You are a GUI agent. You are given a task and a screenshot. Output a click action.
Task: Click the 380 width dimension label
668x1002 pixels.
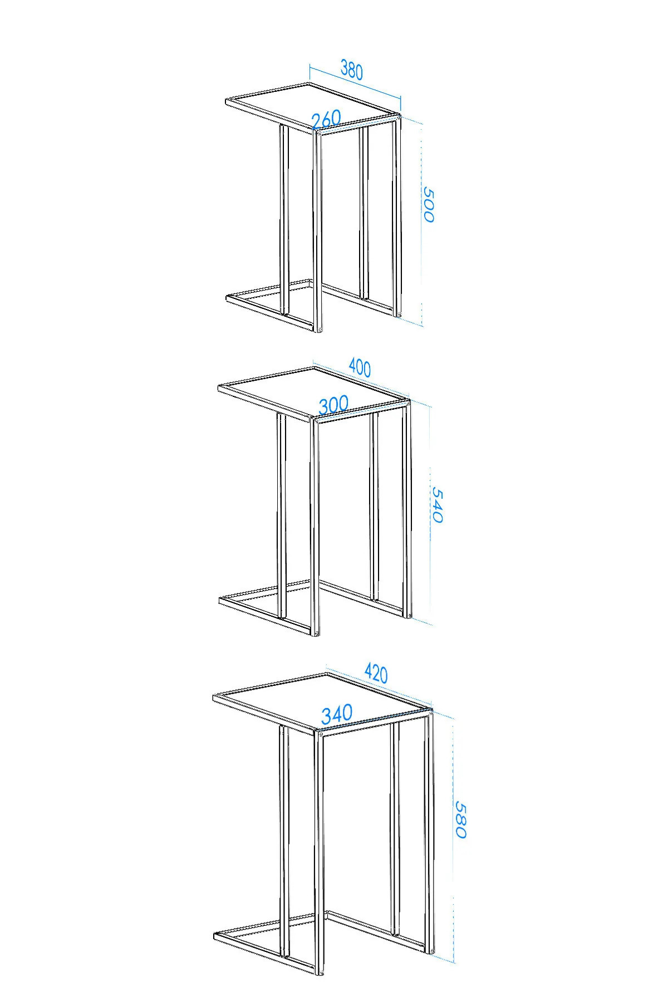click(x=352, y=71)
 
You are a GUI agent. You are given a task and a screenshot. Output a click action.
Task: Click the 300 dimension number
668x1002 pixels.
click(x=333, y=405)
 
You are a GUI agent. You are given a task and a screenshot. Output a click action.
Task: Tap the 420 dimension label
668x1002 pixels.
click(x=376, y=673)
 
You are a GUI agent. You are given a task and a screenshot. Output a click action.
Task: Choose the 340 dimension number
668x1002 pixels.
click(x=337, y=714)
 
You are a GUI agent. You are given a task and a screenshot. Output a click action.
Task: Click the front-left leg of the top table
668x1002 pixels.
click(x=318, y=232)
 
